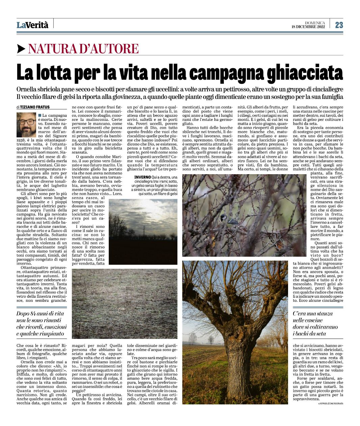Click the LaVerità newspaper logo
point(33,25)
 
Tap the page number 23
point(339,25)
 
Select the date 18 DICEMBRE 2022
point(308,27)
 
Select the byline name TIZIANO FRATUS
point(35,107)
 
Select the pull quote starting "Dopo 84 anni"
point(42,323)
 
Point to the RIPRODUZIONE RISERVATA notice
point(331,403)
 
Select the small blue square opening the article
point(40,115)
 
